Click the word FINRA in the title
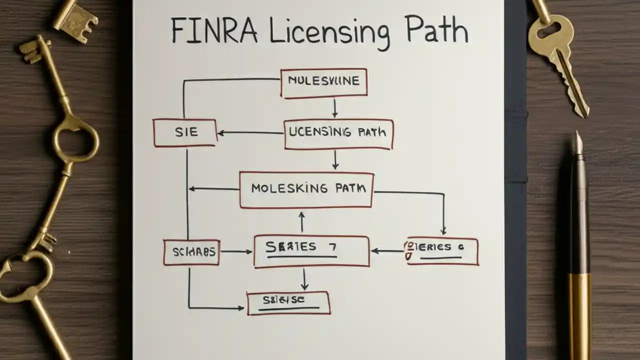click(x=214, y=31)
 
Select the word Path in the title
click(x=436, y=31)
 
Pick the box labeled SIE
click(x=185, y=132)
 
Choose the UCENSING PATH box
click(x=338, y=133)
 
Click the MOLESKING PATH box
click(x=306, y=189)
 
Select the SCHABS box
click(x=191, y=252)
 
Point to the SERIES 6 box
click(x=442, y=250)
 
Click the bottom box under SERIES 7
click(x=288, y=302)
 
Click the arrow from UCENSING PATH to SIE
click(x=250, y=133)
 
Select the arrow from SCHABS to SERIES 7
click(x=236, y=251)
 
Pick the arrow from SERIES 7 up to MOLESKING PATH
click(x=301, y=221)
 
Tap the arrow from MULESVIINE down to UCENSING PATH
click(x=335, y=108)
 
